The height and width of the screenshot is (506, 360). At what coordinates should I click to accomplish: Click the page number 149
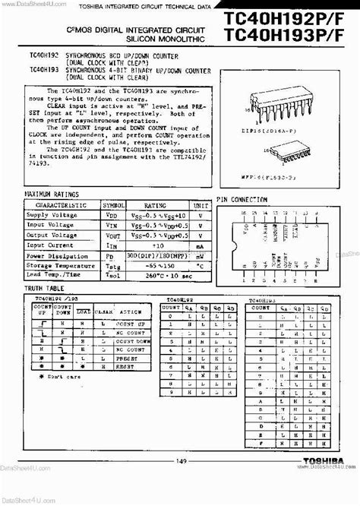(x=181, y=481)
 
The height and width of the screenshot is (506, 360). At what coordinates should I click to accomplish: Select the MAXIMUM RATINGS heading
(x=54, y=195)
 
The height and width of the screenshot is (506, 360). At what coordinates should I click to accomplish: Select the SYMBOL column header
(x=114, y=205)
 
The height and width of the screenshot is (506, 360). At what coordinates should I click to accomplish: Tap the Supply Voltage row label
(x=52, y=215)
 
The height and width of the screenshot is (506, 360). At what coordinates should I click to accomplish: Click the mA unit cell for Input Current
(x=200, y=245)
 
